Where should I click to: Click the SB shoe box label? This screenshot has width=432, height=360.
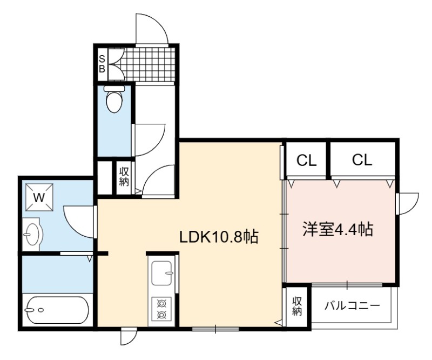click(x=102, y=64)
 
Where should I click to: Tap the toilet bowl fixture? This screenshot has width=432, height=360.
click(x=114, y=99)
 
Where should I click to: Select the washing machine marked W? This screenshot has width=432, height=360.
click(x=39, y=197)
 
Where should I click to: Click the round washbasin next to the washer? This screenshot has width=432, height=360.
click(x=32, y=234)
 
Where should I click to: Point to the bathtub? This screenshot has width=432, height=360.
click(x=57, y=310)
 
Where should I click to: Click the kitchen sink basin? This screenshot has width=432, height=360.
click(x=163, y=273)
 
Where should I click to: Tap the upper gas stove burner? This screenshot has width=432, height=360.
click(x=161, y=304)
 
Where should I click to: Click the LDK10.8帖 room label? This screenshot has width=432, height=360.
click(x=219, y=237)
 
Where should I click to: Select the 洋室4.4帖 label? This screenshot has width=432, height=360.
click(x=338, y=229)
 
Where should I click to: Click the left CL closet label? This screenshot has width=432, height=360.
click(x=306, y=161)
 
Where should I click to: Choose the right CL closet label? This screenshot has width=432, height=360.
click(x=362, y=159)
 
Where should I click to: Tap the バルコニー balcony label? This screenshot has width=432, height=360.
click(x=353, y=305)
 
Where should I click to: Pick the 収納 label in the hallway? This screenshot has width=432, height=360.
click(x=124, y=177)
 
